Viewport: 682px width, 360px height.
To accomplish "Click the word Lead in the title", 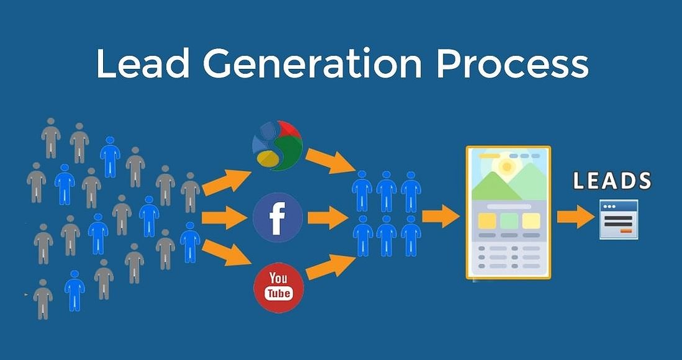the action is pyautogui.click(x=143, y=63).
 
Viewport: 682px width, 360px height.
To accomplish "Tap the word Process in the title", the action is pyautogui.click(x=512, y=63).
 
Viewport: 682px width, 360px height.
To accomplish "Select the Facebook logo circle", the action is pyautogui.click(x=278, y=217).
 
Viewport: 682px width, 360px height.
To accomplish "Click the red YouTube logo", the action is pyautogui.click(x=278, y=287).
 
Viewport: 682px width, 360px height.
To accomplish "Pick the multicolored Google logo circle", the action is pyautogui.click(x=278, y=145).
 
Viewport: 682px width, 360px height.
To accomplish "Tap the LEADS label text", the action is pyautogui.click(x=612, y=181).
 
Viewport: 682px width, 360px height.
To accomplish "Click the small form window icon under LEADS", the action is pyautogui.click(x=619, y=220).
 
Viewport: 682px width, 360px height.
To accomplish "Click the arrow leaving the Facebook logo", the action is pyautogui.click(x=328, y=217).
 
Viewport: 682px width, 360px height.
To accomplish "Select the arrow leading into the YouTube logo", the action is pyautogui.click(x=227, y=253).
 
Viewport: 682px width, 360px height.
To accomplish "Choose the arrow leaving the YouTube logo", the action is pyautogui.click(x=330, y=267).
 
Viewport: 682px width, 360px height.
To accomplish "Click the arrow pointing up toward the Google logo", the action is pyautogui.click(x=226, y=182).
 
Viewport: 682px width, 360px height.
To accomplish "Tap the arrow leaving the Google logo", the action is pyautogui.click(x=330, y=161).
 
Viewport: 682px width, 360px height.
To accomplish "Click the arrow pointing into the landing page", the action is pyautogui.click(x=440, y=216).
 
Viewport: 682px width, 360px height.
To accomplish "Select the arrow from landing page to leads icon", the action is pyautogui.click(x=575, y=217).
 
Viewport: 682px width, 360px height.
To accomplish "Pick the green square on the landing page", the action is pyautogui.click(x=509, y=221).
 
